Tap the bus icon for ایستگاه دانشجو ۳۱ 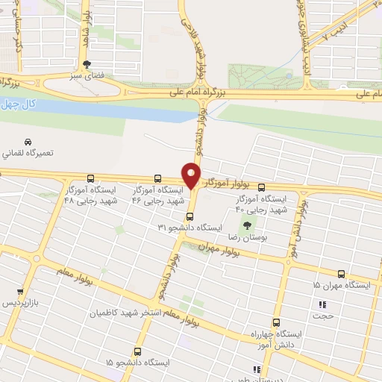[189, 217]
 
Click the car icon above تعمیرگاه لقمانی [28, 142]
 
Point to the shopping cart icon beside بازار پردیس [19, 292]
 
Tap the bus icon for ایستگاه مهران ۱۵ [341, 275]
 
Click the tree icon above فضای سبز [87, 64]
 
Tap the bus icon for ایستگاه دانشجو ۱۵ [137, 351]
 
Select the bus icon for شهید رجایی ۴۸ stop [90, 179]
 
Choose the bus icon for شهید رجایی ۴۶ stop [157, 179]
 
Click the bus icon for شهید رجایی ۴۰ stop [260, 188]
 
